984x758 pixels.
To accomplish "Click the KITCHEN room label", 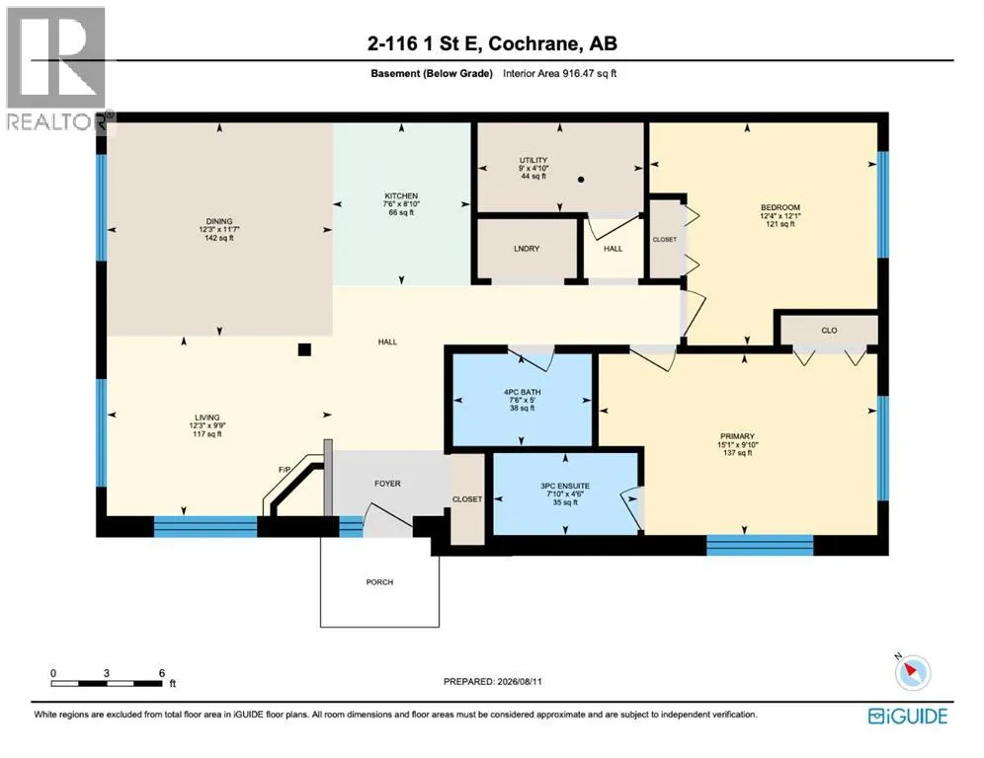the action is click(x=401, y=196).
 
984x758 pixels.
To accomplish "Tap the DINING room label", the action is click(x=219, y=221).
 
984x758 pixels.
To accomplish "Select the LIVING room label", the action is click(x=207, y=417).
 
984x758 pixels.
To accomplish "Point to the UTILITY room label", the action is click(x=533, y=161).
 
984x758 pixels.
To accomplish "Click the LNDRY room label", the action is click(x=527, y=249).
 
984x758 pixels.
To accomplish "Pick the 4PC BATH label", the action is click(x=522, y=393).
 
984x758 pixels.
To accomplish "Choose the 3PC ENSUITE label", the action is click(x=565, y=486).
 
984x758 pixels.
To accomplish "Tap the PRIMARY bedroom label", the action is click(x=737, y=436).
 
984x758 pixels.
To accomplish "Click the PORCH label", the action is click(x=379, y=582).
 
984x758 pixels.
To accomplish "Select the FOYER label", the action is click(x=387, y=484).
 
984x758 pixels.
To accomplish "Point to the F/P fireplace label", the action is click(x=285, y=470).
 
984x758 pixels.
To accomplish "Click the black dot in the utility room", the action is click(x=581, y=180).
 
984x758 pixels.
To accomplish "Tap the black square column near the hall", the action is click(x=304, y=349).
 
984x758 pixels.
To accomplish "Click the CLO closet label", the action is click(x=829, y=331).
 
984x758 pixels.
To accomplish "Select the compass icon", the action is click(x=912, y=672).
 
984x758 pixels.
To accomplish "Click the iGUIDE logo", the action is click(x=908, y=716).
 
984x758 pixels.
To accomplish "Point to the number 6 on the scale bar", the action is click(x=162, y=673).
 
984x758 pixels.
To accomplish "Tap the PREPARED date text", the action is click(x=493, y=682).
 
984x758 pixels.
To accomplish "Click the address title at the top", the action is click(x=492, y=43).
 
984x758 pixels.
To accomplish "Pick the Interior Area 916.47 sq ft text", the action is click(x=560, y=73).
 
